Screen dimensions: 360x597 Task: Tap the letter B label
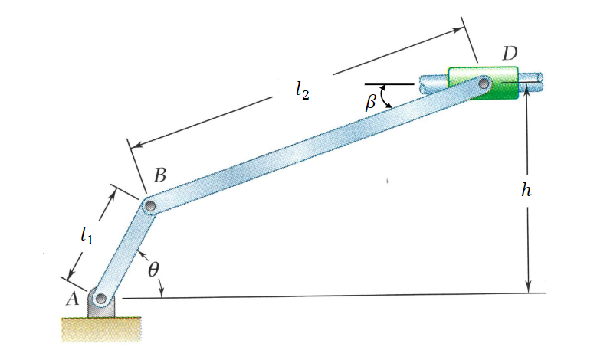(159, 175)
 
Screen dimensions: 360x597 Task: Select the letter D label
(510, 54)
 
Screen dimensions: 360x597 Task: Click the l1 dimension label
(87, 237)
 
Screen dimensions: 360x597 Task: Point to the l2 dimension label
(302, 89)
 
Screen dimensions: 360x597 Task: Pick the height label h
(525, 191)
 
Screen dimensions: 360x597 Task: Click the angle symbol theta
(153, 270)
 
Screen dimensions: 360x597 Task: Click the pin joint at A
(100, 297)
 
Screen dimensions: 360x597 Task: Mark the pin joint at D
(484, 83)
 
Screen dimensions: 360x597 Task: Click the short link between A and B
(126, 251)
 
